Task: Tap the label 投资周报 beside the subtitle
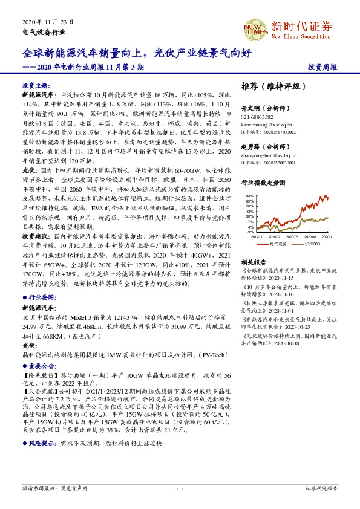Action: click(x=322, y=68)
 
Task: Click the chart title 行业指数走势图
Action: click(x=262, y=181)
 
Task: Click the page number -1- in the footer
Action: click(x=179, y=488)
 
